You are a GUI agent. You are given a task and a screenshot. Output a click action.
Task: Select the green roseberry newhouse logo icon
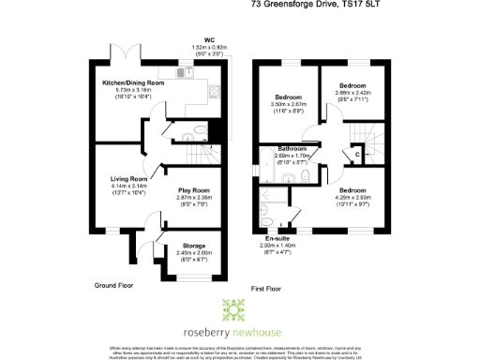(232, 309)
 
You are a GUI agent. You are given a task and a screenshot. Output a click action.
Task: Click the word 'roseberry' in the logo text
(212, 331)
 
